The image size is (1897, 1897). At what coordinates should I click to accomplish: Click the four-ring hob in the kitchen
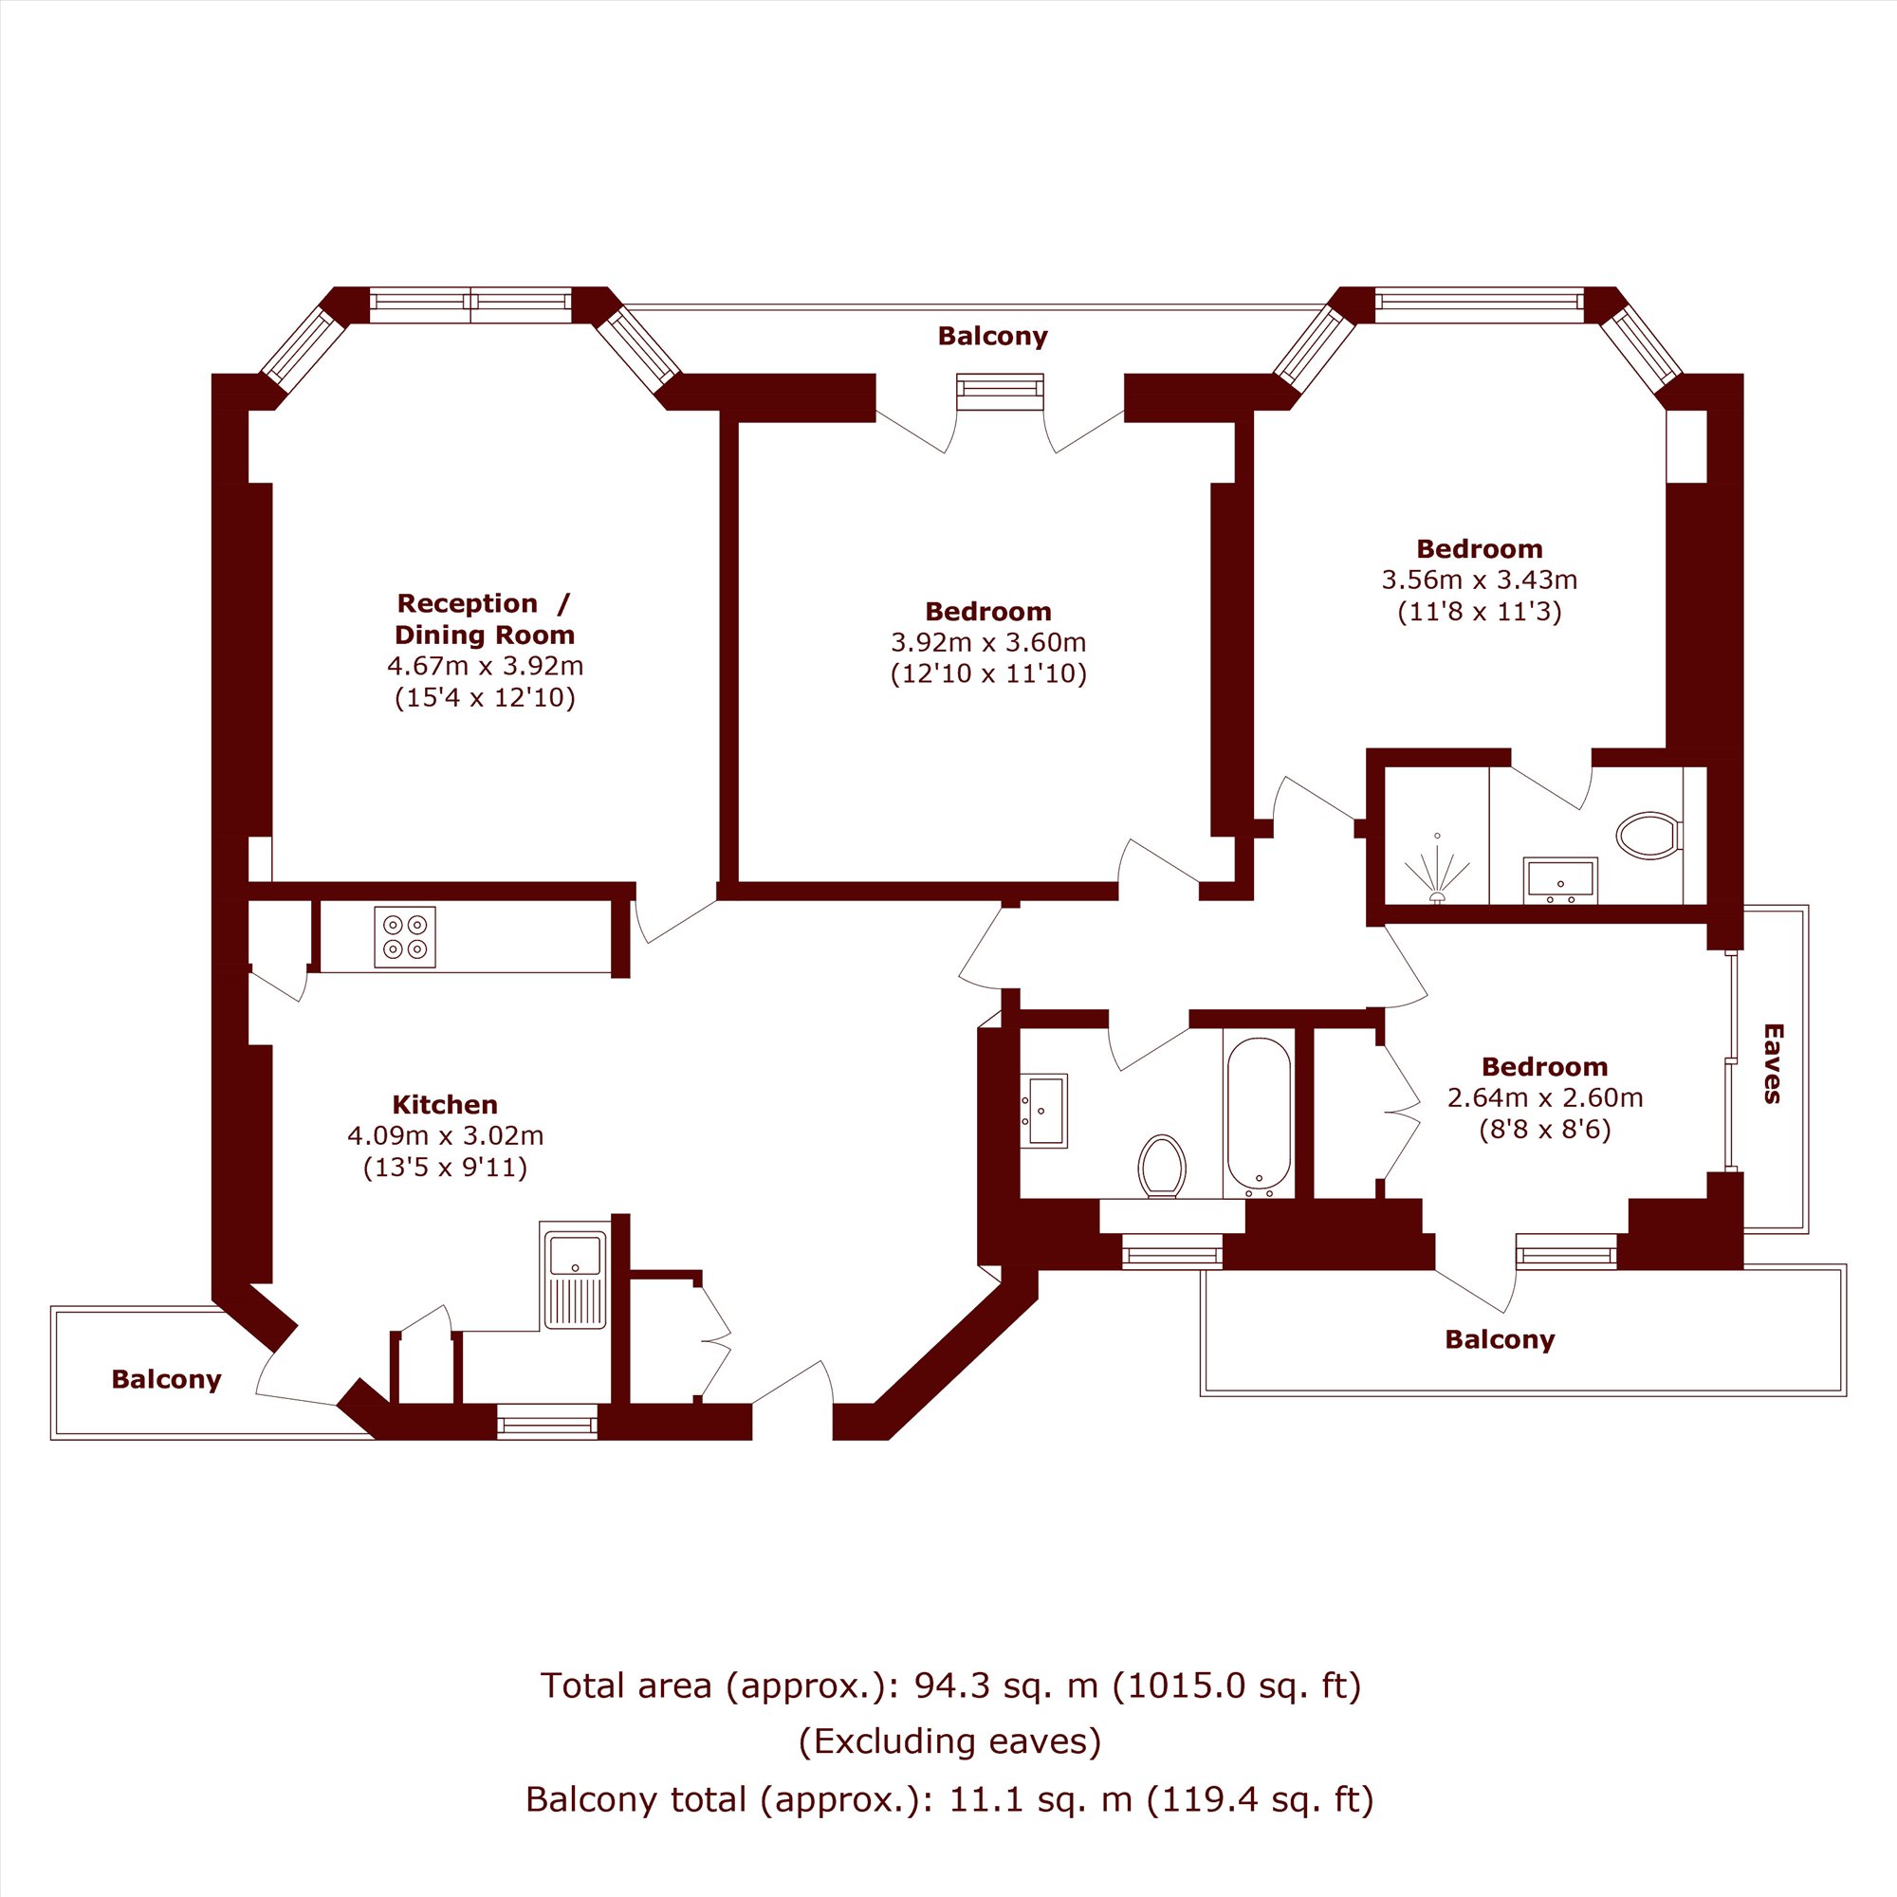pos(405,937)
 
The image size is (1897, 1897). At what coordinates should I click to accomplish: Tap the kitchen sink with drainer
pos(575,1276)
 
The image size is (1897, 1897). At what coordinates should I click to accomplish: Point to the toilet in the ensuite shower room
pos(1649,836)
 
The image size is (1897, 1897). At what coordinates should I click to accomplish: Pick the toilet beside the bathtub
pos(1163,1167)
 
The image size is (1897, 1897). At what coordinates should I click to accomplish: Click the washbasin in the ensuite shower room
pos(1560,881)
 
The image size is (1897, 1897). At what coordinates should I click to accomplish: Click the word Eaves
pos(1774,1063)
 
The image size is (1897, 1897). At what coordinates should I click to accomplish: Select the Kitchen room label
pos(445,1104)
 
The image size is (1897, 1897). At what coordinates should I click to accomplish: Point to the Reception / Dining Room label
pos(484,618)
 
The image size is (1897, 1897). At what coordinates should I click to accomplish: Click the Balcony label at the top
pos(993,336)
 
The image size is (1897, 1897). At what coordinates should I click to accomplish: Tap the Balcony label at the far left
pos(166,1379)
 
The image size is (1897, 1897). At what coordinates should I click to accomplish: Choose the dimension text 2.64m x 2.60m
pos(1545,1097)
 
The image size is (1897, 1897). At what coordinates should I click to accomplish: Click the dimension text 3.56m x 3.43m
pos(1480,580)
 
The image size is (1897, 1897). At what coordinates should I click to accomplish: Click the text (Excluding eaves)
pos(949,1740)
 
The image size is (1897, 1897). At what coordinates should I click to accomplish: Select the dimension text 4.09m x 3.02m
pos(446,1136)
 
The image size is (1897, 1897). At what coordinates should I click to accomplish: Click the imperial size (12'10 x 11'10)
pos(988,673)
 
